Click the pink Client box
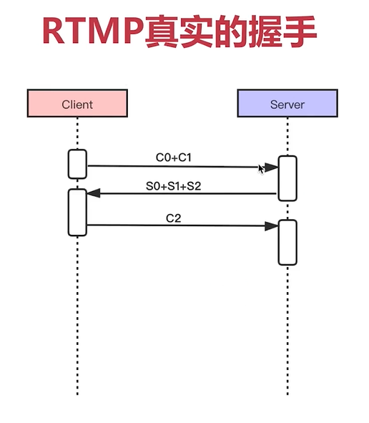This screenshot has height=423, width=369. [77, 104]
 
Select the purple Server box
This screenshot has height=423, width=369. [287, 104]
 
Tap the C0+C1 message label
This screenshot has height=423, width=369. [174, 156]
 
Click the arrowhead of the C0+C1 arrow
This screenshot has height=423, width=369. [272, 167]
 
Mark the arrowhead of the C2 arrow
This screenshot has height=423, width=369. [271, 225]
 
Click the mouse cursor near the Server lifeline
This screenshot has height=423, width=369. [262, 168]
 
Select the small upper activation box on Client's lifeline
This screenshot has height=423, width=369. [77, 164]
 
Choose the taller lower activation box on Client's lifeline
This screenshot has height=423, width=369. [77, 212]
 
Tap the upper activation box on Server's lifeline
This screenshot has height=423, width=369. [287, 178]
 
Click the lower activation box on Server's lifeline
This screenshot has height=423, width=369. [287, 242]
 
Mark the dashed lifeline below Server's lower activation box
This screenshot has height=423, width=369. [287, 329]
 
